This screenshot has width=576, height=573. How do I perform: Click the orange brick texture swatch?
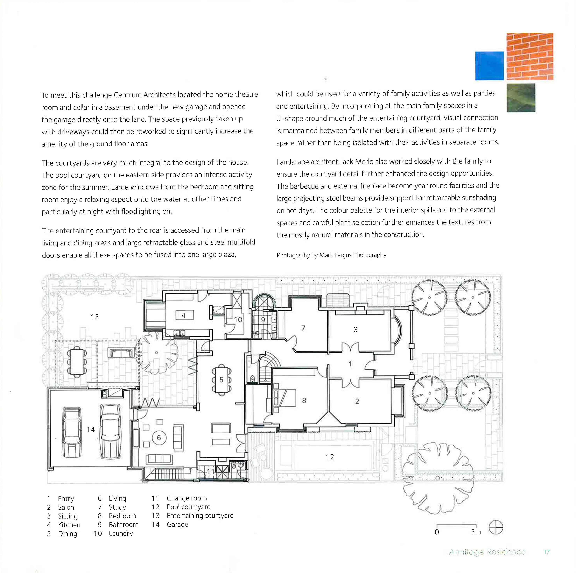coord(530,56)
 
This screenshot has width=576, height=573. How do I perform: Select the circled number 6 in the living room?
coord(159,438)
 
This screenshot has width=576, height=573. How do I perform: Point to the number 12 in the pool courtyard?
coord(330,457)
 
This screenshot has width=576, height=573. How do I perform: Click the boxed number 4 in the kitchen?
coord(184,315)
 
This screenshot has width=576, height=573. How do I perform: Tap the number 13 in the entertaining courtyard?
coord(95,317)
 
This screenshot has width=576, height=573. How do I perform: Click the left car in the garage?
coord(72,432)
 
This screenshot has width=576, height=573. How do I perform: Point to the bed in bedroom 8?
coord(285,398)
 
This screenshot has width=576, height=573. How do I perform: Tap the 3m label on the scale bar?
coord(476,532)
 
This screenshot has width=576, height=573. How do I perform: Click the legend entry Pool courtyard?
coord(188,507)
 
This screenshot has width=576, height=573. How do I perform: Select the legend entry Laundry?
coord(121,533)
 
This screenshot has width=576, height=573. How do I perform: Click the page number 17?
coord(546,552)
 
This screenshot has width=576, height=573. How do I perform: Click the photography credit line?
coord(331,255)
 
